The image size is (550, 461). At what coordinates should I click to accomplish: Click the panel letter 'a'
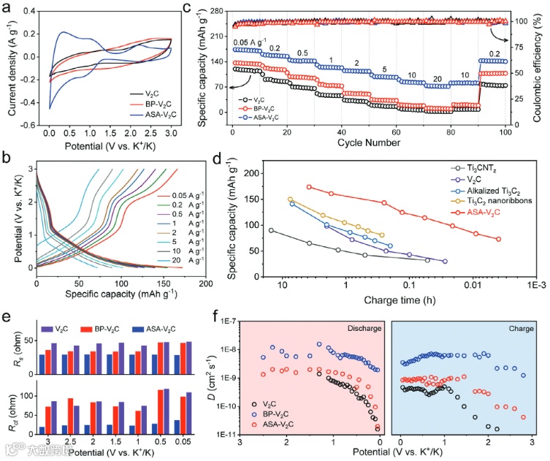click(x=7, y=9)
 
